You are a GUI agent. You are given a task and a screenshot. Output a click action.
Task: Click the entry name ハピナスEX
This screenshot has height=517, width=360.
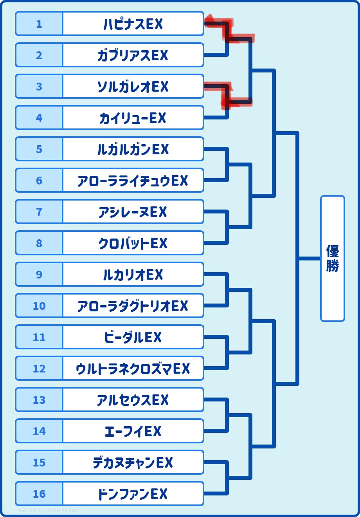133,24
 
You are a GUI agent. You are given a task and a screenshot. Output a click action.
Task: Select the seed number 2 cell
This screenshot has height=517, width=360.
39,55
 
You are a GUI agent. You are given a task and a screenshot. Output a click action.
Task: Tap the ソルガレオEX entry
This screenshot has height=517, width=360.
133,87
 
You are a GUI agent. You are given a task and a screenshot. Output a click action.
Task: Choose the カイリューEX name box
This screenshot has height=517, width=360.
133,118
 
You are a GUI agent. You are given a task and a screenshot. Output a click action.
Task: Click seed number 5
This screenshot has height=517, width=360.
39,149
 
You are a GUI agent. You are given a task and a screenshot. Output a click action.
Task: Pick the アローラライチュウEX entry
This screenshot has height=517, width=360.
133,181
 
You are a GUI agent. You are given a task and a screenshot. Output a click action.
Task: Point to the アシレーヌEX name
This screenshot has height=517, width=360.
133,212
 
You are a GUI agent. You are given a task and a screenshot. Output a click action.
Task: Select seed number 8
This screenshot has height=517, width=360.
39,243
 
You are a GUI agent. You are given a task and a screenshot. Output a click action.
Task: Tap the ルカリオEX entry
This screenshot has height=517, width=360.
133,275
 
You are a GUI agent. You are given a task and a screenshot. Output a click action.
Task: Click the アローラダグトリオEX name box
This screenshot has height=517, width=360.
133,306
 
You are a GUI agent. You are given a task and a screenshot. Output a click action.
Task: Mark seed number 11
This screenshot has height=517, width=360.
39,337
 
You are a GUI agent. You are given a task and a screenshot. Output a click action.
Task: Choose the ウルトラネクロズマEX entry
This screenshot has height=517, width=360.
133,369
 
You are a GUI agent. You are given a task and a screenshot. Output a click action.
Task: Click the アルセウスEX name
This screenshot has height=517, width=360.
133,400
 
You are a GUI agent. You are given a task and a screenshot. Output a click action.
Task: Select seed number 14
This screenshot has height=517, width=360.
39,431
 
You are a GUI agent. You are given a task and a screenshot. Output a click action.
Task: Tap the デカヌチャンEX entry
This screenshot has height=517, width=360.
133,463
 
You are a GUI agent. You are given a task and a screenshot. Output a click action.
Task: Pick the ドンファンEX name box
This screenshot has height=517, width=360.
133,494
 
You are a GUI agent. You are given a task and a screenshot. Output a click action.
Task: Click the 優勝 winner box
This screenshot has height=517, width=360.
332,258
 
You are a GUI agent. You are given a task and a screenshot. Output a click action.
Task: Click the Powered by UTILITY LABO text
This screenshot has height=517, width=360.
48,511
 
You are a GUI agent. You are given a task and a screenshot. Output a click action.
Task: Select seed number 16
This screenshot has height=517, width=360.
39,494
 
